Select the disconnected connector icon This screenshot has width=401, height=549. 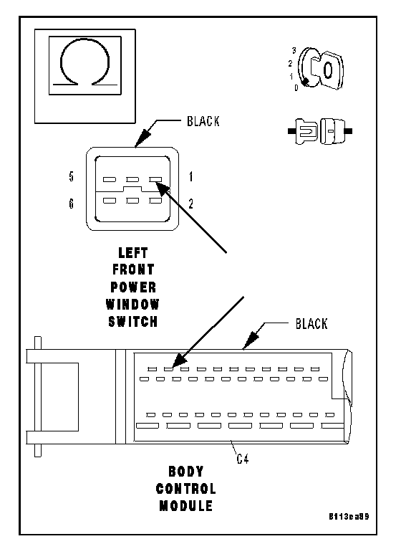pos(320,131)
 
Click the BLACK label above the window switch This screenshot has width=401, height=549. pos(203,121)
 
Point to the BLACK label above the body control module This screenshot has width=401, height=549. pos(311,324)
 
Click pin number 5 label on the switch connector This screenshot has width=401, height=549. pos(72,176)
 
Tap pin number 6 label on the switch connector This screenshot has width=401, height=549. pos(72,203)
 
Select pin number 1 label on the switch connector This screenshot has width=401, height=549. pos(190,177)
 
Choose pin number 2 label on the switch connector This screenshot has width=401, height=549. pos(190,204)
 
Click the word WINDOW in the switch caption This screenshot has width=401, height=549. pos(133,304)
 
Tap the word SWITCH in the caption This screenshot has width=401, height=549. pos(133,321)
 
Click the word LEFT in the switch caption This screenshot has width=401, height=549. pos(133,252)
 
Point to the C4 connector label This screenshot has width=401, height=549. pos(243,459)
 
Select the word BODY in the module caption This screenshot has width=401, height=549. pos(186,472)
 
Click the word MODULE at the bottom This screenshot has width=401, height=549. pos(186,505)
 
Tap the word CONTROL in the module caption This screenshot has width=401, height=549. pos(186,488)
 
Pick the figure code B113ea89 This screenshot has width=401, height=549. pos(349,517)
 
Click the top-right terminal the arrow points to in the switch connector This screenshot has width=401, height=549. pos(155,180)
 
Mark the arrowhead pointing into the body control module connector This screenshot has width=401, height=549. pos(179,360)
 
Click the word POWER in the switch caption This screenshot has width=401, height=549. pos(133,287)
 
